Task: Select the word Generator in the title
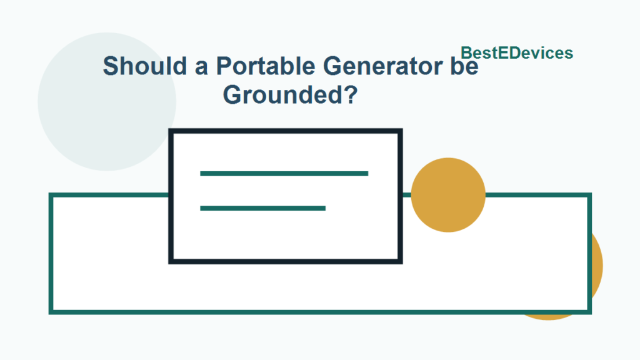pos(382,66)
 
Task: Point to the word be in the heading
pos(463,66)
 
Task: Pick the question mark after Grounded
pos(351,95)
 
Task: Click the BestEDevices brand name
pos(517,53)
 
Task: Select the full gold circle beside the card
pos(448,195)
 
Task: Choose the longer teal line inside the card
pos(284,173)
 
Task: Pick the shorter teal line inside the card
pos(262,208)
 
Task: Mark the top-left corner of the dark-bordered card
pos(171,131)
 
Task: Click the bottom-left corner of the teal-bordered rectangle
pos(51,311)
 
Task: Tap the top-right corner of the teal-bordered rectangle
pos(589,196)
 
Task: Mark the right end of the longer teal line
pos(367,173)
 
